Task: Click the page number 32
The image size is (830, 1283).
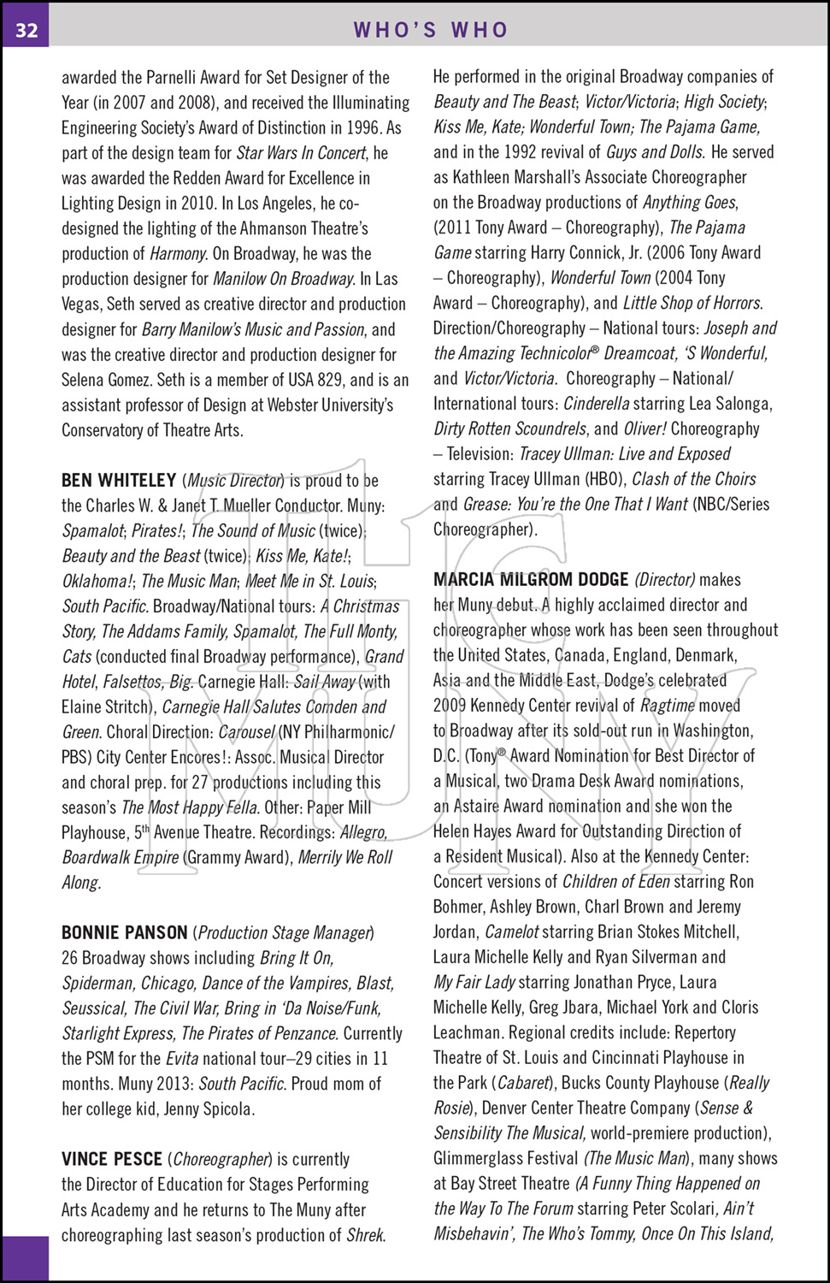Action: [26, 30]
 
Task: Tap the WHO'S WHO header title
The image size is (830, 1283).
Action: [431, 30]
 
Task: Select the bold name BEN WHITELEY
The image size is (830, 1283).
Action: [119, 481]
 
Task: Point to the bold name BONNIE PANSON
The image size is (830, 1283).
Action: [125, 932]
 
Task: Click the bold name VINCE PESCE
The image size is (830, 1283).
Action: [112, 1159]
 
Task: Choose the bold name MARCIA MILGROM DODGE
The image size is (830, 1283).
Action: [531, 580]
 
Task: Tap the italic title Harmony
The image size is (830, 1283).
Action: [178, 254]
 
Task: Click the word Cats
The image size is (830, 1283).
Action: [76, 657]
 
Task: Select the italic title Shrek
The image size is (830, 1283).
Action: [366, 1235]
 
